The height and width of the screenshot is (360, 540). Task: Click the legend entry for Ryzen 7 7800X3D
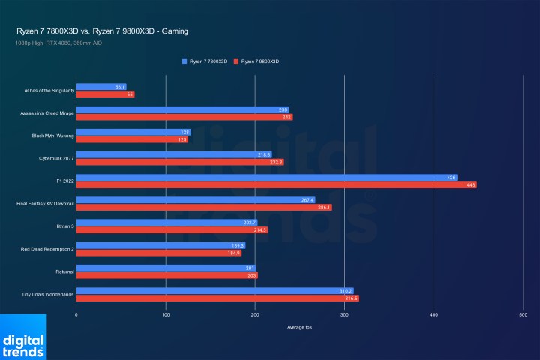204,60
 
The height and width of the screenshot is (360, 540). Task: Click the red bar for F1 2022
276,185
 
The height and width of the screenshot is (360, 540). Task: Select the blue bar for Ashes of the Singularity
100,87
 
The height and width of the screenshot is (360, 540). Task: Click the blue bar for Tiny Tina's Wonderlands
214,290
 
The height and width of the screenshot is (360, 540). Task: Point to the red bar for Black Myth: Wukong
132,139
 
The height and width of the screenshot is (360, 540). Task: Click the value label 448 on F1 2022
470,185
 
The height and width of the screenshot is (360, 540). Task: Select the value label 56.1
120,87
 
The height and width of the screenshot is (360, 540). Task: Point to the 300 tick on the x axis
344,315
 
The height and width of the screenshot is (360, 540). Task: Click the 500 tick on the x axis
523,315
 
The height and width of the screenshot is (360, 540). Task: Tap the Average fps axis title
299,328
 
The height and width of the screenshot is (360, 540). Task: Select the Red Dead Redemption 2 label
49,249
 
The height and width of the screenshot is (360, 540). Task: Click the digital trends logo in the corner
22,337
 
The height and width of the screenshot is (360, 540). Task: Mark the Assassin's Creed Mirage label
47,113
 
